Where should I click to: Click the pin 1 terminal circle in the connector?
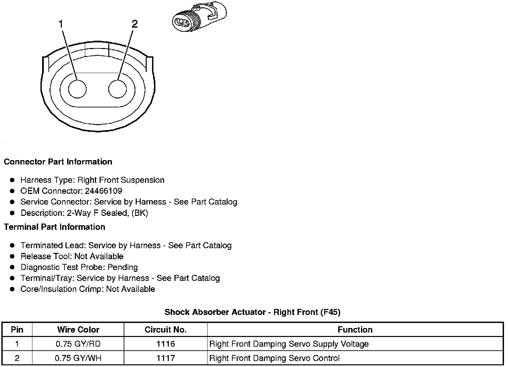(x=77, y=89)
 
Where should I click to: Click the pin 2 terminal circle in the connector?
(x=118, y=89)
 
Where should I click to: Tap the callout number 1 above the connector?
(x=61, y=24)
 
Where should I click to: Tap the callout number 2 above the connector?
(x=134, y=24)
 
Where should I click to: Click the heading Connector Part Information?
(x=58, y=162)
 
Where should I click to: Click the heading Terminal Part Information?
(x=54, y=227)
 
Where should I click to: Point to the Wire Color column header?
(x=78, y=330)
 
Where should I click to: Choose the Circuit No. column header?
(x=165, y=330)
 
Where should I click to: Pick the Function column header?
(x=355, y=330)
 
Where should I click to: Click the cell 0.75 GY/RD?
(x=78, y=344)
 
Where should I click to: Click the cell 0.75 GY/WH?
(x=78, y=358)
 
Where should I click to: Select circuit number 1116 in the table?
(x=165, y=344)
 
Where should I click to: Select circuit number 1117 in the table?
(x=165, y=358)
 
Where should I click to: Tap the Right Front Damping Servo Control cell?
(x=274, y=358)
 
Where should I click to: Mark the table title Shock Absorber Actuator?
(x=252, y=312)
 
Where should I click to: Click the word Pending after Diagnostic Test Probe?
(x=123, y=267)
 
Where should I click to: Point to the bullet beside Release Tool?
(x=12, y=256)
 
